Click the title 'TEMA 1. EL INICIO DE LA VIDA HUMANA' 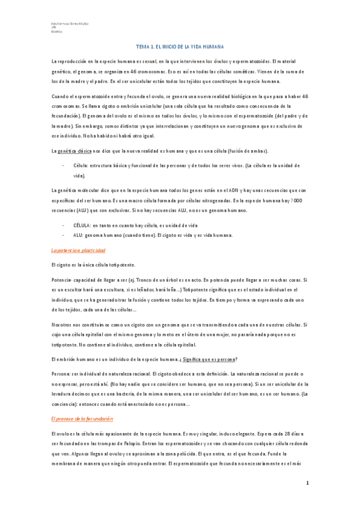coord(180,46)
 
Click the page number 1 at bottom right coord(307,483)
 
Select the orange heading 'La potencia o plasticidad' coord(78,250)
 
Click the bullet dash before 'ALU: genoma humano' coord(64,235)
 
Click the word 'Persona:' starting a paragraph coord(63,373)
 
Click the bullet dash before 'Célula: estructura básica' coord(64,164)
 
